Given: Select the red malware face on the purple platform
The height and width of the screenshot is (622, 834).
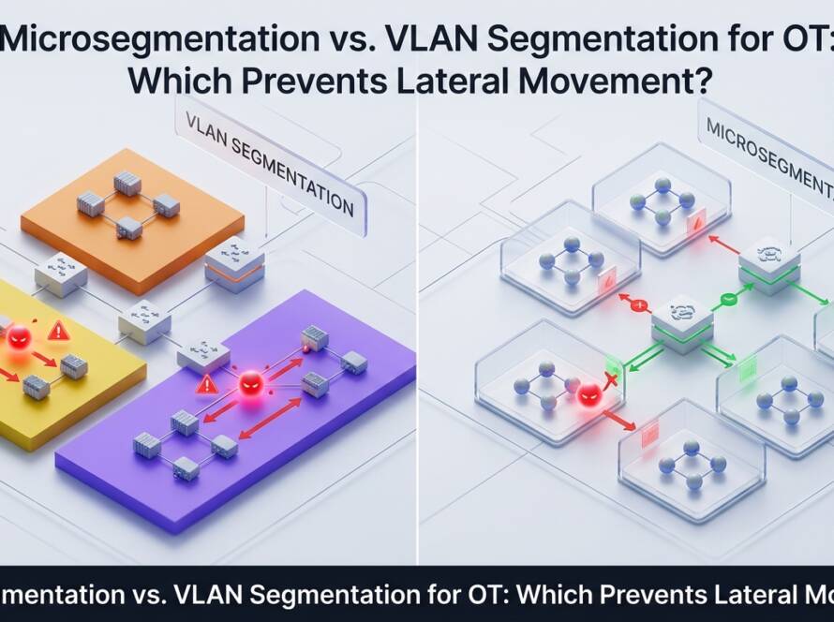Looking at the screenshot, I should pyautogui.click(x=250, y=383).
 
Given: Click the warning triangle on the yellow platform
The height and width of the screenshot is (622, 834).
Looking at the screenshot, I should pyautogui.click(x=58, y=330).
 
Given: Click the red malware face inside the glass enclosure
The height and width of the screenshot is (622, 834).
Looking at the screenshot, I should pyautogui.click(x=588, y=394).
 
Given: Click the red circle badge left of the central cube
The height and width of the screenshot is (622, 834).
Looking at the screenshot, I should pyautogui.click(x=641, y=305).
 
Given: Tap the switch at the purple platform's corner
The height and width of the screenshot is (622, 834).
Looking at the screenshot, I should pyautogui.click(x=202, y=354).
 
